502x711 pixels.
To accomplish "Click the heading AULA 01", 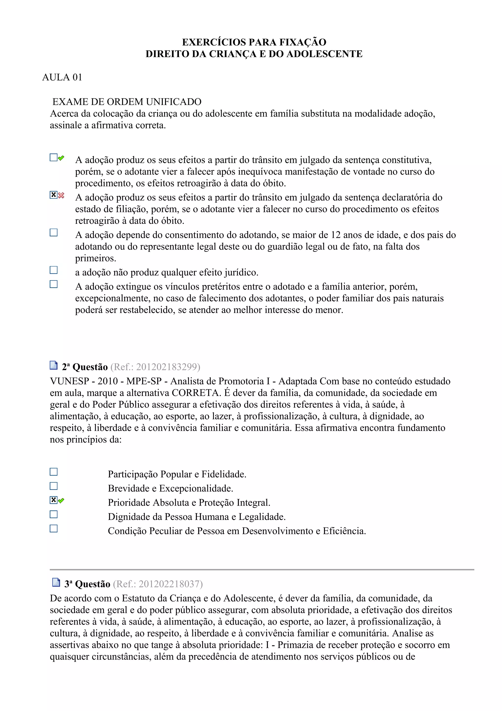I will click(x=62, y=77).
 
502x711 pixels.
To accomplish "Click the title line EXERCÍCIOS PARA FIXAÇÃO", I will click(x=254, y=42).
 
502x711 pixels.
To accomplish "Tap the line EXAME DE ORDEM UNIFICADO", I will click(x=127, y=102).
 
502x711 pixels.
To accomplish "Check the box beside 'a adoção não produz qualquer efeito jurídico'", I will click(x=53, y=270).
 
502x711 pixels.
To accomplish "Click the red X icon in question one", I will click(x=61, y=195).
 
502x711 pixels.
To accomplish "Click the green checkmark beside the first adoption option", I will click(x=61, y=158).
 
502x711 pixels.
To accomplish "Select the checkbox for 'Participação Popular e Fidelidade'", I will click(x=53, y=472).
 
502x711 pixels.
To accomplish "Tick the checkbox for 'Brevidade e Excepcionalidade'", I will click(x=53, y=486).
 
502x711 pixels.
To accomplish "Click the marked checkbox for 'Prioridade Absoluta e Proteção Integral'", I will click(x=53, y=500).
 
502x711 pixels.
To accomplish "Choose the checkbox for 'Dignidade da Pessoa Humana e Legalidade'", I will click(x=53, y=514).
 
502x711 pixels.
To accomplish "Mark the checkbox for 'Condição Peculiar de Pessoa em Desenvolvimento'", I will click(x=53, y=528).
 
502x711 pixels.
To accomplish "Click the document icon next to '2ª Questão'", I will click(x=53, y=366).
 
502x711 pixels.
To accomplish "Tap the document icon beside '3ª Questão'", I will click(x=56, y=582).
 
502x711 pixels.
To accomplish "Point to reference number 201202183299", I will click(x=155, y=367).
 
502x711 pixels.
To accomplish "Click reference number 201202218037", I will click(x=158, y=584).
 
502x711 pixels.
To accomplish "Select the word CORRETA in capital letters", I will click(x=195, y=393).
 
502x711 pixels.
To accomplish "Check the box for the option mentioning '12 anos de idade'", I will click(x=53, y=233).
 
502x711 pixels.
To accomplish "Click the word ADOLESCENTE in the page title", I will click(x=325, y=54).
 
